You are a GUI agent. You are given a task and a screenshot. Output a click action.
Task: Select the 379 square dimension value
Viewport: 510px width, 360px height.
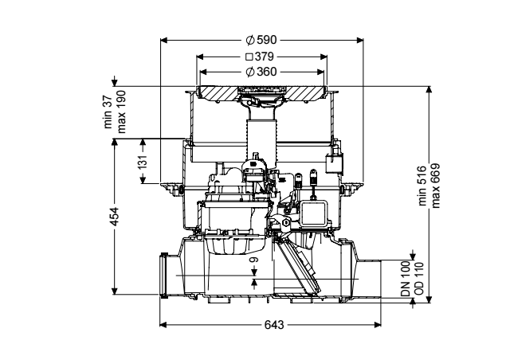(x=265, y=57)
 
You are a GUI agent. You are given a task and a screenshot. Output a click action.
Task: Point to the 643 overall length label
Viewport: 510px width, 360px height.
(x=274, y=324)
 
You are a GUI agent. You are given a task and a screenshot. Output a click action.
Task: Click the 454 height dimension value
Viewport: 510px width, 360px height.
(x=115, y=217)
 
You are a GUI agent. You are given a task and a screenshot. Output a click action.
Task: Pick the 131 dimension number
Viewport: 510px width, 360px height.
(x=143, y=161)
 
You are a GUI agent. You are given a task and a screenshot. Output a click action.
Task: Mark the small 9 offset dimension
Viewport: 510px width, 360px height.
(x=254, y=260)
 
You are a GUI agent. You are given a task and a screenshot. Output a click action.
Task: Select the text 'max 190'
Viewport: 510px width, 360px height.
(x=121, y=112)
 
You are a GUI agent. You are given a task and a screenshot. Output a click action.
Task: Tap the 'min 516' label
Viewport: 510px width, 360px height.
(x=422, y=186)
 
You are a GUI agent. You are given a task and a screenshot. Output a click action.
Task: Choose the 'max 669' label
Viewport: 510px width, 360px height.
(x=435, y=186)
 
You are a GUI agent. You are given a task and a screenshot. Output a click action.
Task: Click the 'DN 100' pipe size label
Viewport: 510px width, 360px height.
(x=406, y=279)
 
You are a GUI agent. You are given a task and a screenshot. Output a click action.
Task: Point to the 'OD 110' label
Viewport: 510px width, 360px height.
(x=419, y=279)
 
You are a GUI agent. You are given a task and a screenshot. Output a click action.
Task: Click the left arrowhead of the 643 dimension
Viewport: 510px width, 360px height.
(x=163, y=324)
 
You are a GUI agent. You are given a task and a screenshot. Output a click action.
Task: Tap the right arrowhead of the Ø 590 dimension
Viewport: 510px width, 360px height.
(x=359, y=41)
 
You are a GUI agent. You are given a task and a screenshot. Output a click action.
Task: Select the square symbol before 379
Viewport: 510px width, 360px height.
(x=249, y=57)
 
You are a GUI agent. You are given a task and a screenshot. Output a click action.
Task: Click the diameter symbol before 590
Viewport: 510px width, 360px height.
(x=249, y=40)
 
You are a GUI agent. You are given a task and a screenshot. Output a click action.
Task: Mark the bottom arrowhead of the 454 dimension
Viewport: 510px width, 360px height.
(x=114, y=291)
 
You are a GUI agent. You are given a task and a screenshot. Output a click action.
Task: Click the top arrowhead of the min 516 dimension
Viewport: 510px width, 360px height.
(x=429, y=90)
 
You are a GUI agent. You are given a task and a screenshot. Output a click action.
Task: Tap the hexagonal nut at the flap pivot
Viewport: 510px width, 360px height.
(x=285, y=222)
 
